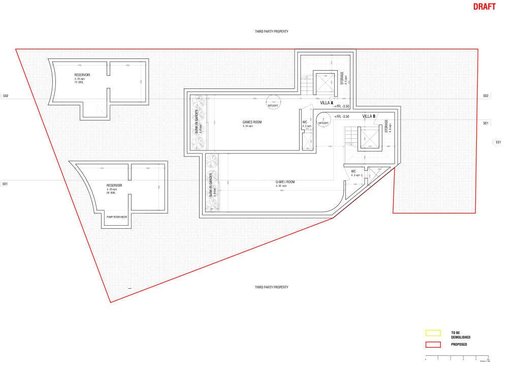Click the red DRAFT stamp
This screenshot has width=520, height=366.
pyautogui.click(x=484, y=7)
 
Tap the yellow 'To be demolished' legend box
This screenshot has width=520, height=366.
pyautogui.click(x=433, y=333)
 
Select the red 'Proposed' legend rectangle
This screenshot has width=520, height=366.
pyautogui.click(x=433, y=345)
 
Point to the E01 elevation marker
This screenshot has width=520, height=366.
pyautogui.click(x=498, y=142)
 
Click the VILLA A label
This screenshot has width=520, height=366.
pyautogui.click(x=327, y=103)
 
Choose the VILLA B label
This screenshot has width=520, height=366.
pyautogui.click(x=369, y=116)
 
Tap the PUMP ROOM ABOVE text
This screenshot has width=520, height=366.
pyautogui.click(x=116, y=217)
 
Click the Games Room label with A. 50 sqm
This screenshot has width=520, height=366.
pyautogui.click(x=285, y=184)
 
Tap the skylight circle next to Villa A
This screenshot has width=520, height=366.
pyautogui.click(x=274, y=103)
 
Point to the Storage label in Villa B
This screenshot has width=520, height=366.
pyautogui.click(x=386, y=127)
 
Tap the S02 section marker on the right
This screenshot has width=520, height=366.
pyautogui.click(x=485, y=96)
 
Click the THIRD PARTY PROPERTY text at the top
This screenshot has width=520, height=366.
pyautogui.click(x=272, y=32)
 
